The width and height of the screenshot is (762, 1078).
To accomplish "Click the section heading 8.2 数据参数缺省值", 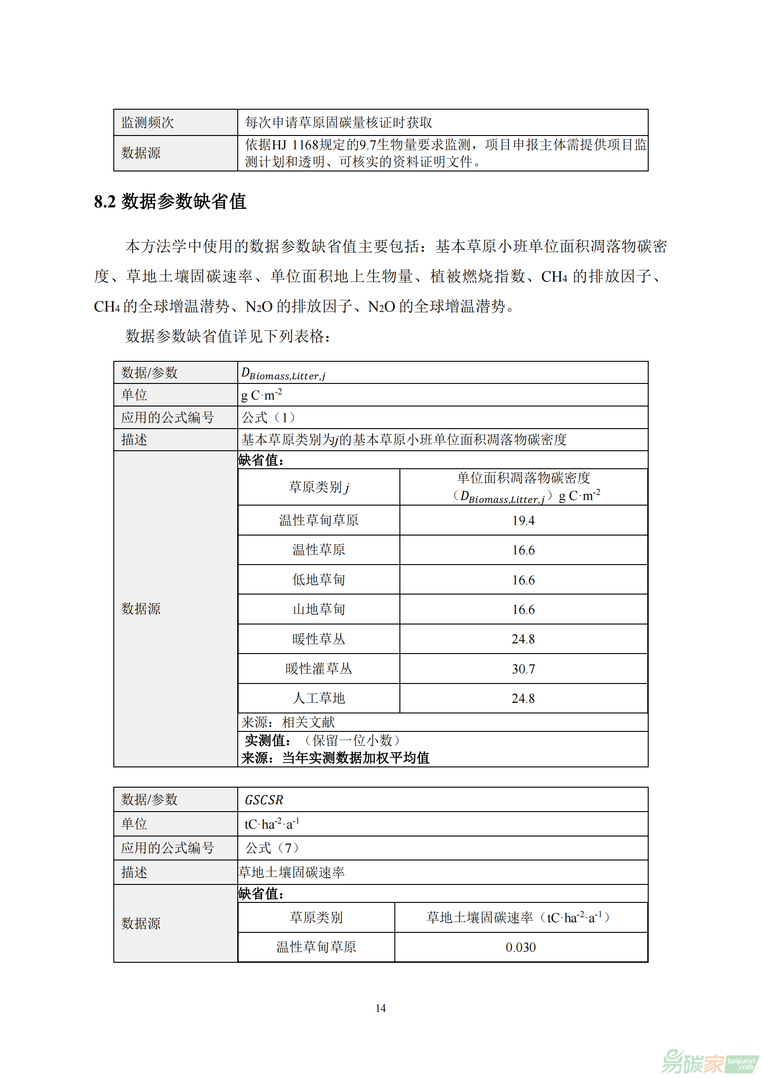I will pos(170,201).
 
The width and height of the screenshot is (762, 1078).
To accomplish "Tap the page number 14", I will pos(381,1008).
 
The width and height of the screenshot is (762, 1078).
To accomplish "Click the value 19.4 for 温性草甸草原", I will pos(523,520).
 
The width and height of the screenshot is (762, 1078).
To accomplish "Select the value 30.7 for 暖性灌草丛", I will pos(523,669).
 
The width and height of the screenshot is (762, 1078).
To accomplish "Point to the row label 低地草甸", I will pos(319,580).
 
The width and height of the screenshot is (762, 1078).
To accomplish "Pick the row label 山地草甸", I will pos(319,609).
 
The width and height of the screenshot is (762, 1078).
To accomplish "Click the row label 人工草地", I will pos(319,698).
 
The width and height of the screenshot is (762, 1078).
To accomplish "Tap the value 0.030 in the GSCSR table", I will pos(520,947).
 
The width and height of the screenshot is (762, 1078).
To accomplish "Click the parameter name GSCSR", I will pos(264,800).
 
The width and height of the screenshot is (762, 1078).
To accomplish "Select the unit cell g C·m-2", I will pos(261,395).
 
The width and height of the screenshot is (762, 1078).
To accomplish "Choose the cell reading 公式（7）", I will pos(272,848).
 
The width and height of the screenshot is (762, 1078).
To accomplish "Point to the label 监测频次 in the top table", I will pos(147,123).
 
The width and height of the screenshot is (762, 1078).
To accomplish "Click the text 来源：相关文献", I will pos(287,722).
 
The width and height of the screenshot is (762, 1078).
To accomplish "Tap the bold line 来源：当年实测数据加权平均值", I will pos(335,758).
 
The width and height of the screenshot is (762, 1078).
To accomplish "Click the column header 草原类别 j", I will pos(319,487).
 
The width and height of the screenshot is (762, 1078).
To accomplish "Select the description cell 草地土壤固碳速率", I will pos(291,872).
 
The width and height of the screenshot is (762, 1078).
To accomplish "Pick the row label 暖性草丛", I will pos(319,639).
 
